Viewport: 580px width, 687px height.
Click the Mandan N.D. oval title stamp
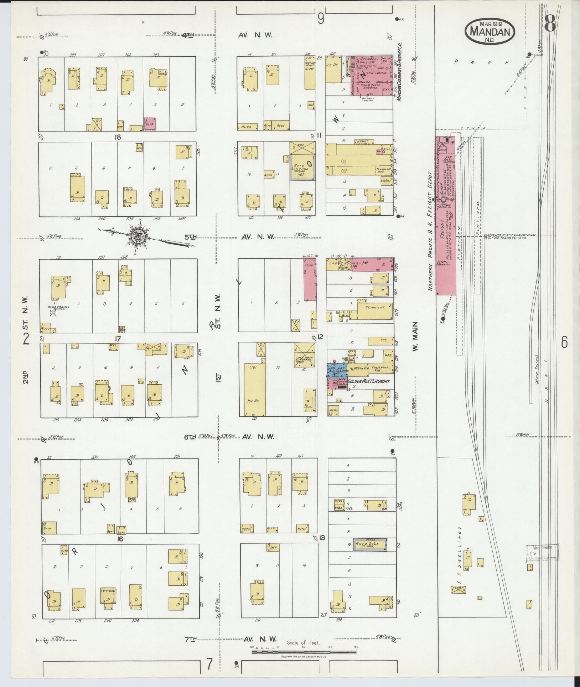[490, 32]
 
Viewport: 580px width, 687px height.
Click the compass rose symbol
[136, 236]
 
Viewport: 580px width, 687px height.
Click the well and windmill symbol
[53, 313]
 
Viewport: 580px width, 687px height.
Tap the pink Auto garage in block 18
[150, 123]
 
